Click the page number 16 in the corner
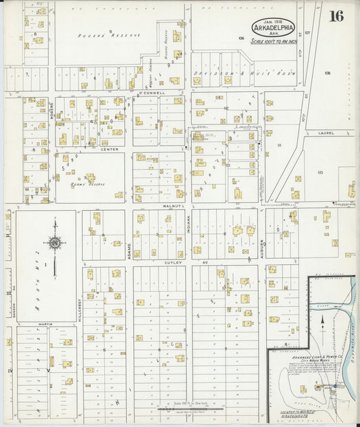[x=336, y=17]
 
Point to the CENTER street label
[x=109, y=149]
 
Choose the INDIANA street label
[x=189, y=224]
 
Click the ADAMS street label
[x=128, y=250]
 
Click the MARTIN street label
[x=45, y=324]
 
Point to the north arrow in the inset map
[x=322, y=322]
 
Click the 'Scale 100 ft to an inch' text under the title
[x=274, y=41]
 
